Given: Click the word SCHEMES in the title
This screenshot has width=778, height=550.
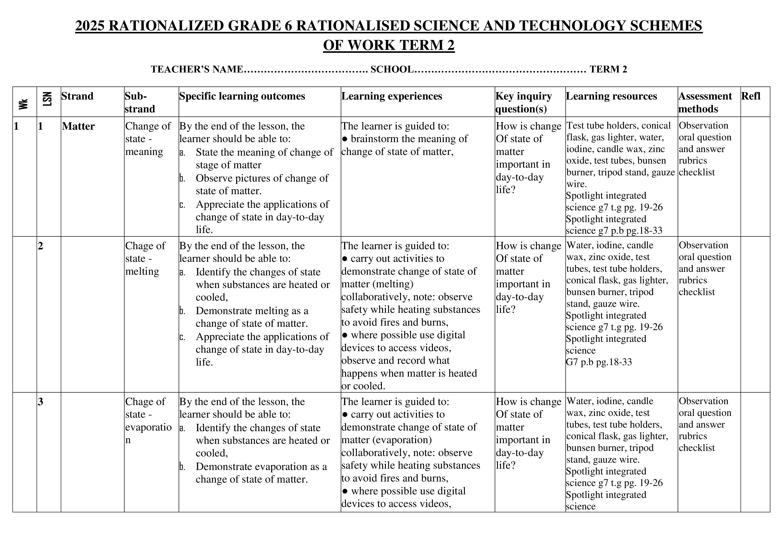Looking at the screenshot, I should [x=666, y=26].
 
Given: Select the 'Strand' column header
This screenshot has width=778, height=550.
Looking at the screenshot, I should [x=77, y=96].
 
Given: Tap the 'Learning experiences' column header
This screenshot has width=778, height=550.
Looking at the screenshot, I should [x=392, y=96].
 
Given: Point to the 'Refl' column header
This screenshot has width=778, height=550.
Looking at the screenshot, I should [x=751, y=96].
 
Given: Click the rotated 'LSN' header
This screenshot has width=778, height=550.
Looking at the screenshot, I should [x=47, y=99].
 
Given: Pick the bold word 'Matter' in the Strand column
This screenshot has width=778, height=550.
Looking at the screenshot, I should [x=78, y=126].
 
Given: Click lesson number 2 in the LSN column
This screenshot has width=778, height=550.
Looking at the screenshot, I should [x=41, y=246].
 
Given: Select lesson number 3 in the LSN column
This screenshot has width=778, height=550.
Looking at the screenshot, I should [x=41, y=402].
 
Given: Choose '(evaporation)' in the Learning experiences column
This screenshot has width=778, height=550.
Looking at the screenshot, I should [x=386, y=440].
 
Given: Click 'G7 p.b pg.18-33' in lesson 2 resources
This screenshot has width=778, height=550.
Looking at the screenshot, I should [x=599, y=362].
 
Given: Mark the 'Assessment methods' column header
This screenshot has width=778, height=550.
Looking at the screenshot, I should [x=705, y=102].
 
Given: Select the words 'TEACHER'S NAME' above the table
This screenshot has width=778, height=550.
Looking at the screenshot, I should [x=197, y=69].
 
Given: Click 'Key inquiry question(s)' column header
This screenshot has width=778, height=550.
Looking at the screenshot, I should [x=524, y=102].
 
